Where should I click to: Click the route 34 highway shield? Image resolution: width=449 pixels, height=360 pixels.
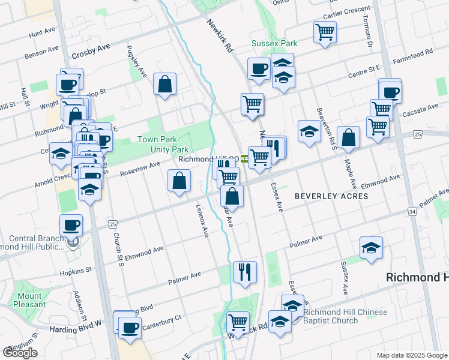411,212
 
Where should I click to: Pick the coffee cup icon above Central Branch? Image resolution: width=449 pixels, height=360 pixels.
71,225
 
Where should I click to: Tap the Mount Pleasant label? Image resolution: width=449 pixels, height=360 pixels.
30,300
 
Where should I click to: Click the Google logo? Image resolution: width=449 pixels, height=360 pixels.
20,353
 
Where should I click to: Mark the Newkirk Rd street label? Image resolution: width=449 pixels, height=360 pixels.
220,37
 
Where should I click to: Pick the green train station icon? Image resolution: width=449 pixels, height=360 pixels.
245,160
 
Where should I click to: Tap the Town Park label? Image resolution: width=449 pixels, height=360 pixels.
155,139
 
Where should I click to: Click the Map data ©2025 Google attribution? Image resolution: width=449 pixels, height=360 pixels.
412,355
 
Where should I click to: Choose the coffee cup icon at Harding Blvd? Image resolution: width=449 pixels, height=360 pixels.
130,328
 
